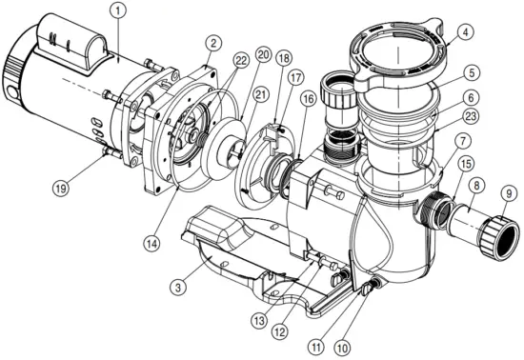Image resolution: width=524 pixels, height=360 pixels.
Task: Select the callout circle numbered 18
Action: tap(284, 58)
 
